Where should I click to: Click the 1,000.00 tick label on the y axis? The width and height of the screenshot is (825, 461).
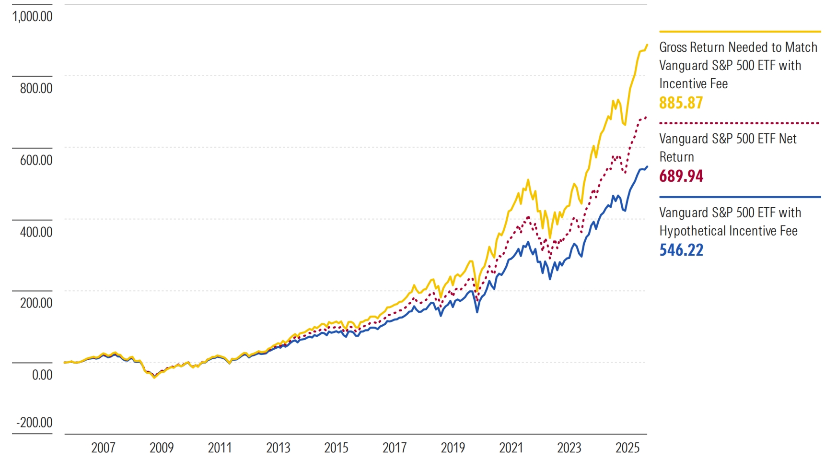tap(33, 16)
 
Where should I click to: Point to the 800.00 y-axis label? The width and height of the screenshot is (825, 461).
tap(36, 88)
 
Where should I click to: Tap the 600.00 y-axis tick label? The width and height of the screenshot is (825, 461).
tap(36, 160)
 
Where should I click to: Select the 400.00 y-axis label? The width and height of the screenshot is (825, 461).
tap(36, 232)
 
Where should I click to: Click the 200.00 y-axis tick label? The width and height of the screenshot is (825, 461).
tap(36, 303)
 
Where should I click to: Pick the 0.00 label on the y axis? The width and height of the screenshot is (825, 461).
tap(42, 375)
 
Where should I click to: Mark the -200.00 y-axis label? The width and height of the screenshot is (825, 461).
tap(34, 423)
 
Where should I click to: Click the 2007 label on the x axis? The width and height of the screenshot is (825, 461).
tap(103, 448)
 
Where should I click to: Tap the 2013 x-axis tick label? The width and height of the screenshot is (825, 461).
tap(278, 448)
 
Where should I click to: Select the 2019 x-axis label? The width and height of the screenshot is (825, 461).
tap(453, 448)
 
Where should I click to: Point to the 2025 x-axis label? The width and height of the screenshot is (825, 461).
tap(627, 448)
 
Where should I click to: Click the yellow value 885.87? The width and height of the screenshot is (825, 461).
tap(681, 103)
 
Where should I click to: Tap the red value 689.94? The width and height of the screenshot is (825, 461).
tap(681, 176)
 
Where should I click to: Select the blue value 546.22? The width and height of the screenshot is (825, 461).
tap(681, 250)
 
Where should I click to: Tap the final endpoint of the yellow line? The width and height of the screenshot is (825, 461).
tap(647, 45)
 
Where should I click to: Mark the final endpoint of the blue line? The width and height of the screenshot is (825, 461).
tap(647, 166)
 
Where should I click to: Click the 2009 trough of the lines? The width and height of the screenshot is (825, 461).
tap(154, 378)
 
